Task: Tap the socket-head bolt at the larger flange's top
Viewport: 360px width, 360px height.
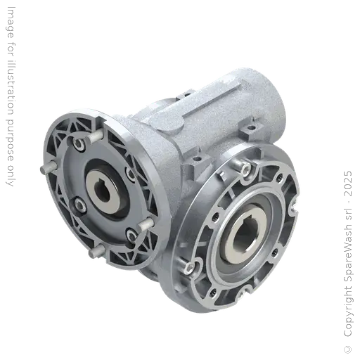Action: coord(242,168)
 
